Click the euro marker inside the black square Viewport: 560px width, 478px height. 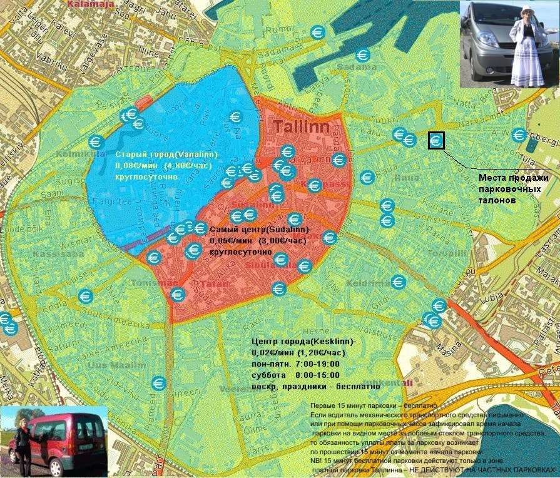(x=435, y=141)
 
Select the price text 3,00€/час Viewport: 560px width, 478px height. (x=282, y=241)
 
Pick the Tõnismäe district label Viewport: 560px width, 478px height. (x=146, y=283)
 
